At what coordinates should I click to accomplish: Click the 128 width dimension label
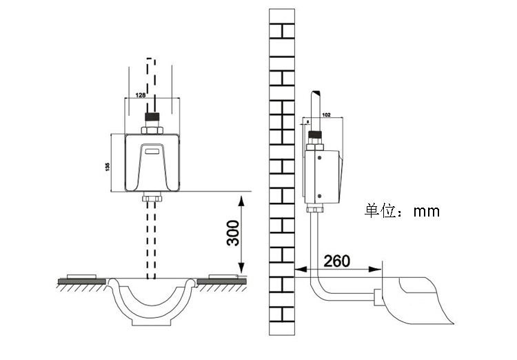pyautogui.click(x=140, y=94)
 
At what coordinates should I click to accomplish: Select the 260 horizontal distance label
pyautogui.click(x=336, y=261)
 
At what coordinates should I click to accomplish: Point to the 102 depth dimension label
pyautogui.click(x=327, y=114)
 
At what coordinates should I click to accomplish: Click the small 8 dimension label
pyautogui.click(x=307, y=121)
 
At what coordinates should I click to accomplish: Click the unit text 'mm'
pyautogui.click(x=426, y=211)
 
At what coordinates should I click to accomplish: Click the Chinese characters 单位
pyautogui.click(x=381, y=210)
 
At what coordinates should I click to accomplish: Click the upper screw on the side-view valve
pyautogui.click(x=319, y=157)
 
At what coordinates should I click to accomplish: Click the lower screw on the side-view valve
pyautogui.click(x=319, y=196)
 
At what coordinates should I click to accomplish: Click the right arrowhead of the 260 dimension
pyautogui.click(x=379, y=269)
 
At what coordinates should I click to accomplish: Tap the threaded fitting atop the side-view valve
pyautogui.click(x=316, y=136)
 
